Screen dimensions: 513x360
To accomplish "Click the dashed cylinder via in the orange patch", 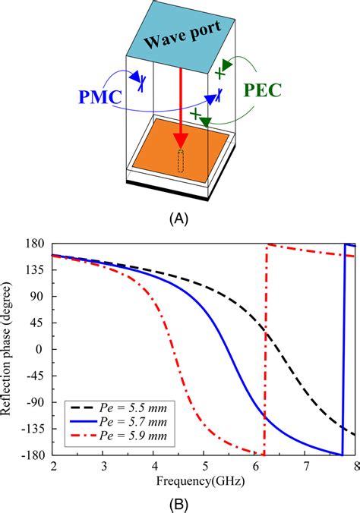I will tap(181, 161).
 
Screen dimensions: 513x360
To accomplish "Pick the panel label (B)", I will tap(179, 502).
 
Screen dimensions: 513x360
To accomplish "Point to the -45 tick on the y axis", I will tap(36, 376).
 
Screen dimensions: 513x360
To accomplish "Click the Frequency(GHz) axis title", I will tap(204, 480).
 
